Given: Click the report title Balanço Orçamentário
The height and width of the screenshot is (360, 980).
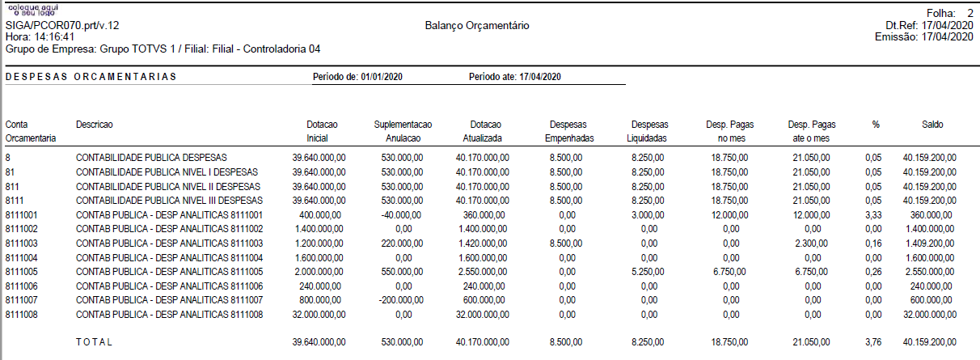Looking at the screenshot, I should tap(476, 26).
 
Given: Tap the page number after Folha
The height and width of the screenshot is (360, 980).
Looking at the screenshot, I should tap(969, 14).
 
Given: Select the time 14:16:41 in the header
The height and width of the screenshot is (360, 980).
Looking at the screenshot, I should tap(53, 37).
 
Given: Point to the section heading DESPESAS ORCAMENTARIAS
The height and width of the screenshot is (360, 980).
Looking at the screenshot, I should tap(91, 77).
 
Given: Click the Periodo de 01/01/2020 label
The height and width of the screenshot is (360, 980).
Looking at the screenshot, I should tap(357, 77).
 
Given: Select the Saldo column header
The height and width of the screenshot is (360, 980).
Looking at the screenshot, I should tap(931, 125).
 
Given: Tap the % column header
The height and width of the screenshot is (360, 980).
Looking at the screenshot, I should tap(875, 125).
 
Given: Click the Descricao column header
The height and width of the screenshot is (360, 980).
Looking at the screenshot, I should tap(95, 125).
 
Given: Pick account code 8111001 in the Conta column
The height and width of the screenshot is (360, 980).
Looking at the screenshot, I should tap(22, 215).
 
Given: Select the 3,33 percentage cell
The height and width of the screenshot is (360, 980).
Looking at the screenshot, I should tap(873, 215).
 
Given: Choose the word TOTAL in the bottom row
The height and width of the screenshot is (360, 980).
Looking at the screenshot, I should tap(95, 342).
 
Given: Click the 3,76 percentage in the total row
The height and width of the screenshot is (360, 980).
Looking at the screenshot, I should tap(873, 342).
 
